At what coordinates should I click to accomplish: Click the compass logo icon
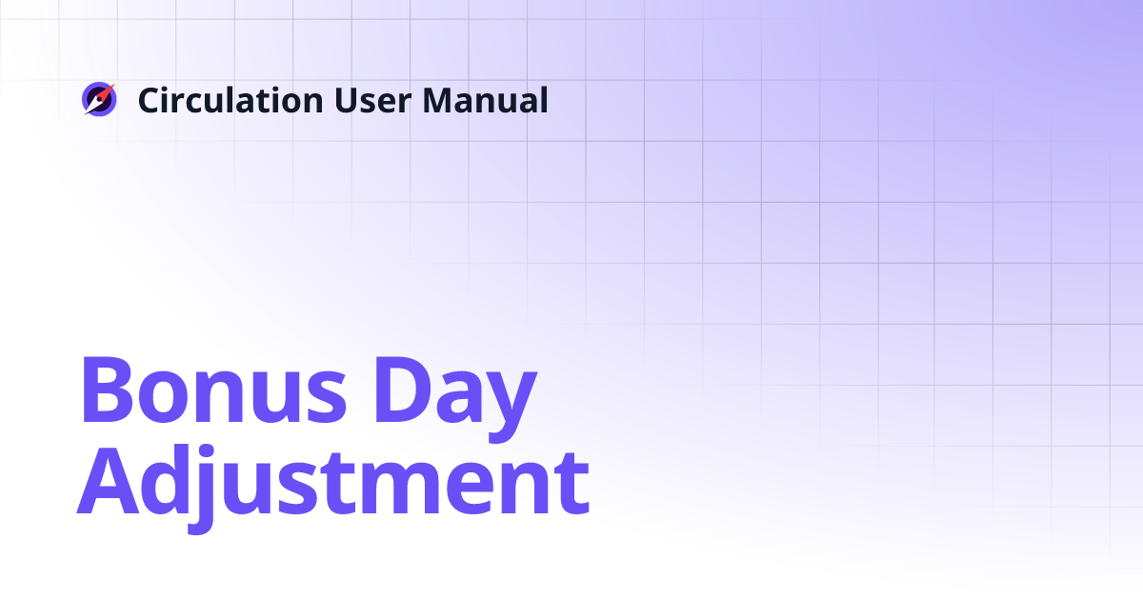(x=98, y=100)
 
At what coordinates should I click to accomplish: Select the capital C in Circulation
(x=150, y=100)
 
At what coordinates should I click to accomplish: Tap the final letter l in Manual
(x=543, y=99)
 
